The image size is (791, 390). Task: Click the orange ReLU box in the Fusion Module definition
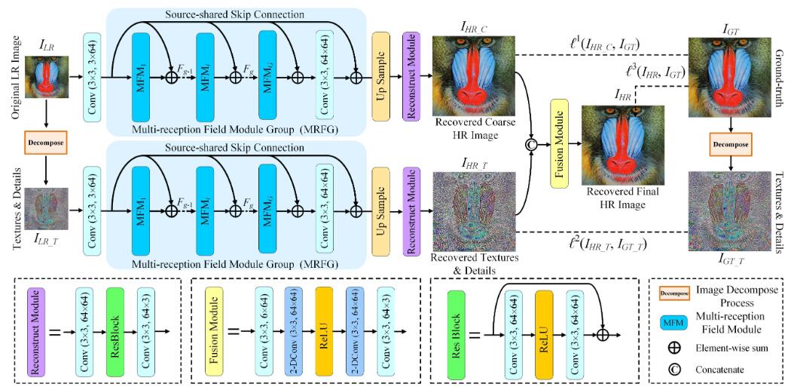click(325, 330)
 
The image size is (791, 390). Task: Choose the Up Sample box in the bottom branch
click(382, 203)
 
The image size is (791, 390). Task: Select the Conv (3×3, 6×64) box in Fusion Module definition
click(264, 330)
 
